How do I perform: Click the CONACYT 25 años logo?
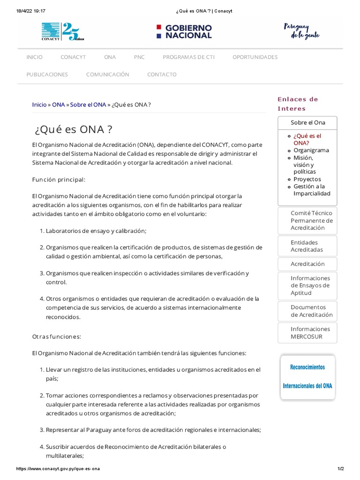click(x=63, y=31)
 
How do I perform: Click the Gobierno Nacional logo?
click(x=184, y=31)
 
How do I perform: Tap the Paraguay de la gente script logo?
click(x=301, y=31)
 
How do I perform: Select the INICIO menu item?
click(x=34, y=57)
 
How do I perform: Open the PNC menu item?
click(x=139, y=57)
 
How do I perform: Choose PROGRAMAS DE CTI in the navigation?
click(x=188, y=57)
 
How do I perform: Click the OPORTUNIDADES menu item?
click(x=255, y=57)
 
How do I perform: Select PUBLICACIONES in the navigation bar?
click(x=47, y=75)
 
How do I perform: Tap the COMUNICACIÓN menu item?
click(x=107, y=75)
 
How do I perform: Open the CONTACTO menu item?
click(x=162, y=75)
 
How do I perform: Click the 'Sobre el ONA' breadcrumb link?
click(x=88, y=105)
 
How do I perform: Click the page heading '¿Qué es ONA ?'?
click(x=74, y=129)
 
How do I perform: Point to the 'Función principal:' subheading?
click(x=59, y=180)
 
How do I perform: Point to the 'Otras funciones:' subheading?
click(x=57, y=337)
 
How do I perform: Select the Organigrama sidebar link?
click(x=311, y=150)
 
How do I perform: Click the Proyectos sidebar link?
click(x=307, y=179)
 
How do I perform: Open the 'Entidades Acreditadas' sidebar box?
click(x=307, y=246)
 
